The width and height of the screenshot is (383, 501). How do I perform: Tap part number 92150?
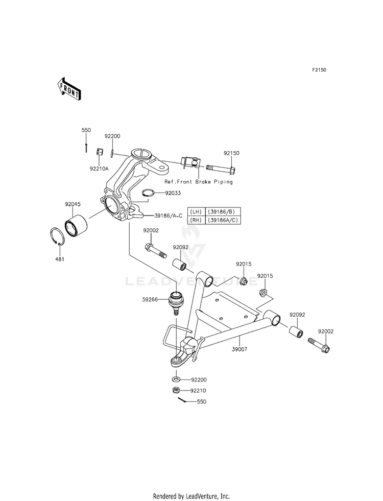tap(231, 153)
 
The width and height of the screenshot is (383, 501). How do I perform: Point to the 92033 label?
tap(173, 193)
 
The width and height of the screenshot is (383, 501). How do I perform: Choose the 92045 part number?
tap(73, 204)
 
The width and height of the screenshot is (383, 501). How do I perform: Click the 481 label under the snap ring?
tap(60, 259)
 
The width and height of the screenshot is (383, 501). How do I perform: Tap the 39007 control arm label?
tap(240, 349)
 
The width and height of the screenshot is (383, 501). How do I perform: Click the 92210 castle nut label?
tap(198, 391)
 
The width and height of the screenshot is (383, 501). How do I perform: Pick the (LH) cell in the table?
tap(196, 211)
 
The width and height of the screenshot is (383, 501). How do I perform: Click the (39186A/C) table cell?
tap(222, 220)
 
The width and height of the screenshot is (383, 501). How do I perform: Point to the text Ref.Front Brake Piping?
tap(199, 181)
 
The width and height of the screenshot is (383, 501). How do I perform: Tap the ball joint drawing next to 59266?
tap(176, 302)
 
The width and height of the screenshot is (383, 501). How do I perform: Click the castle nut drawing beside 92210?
tap(175, 390)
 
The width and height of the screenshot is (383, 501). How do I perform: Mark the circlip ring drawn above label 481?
tap(58, 237)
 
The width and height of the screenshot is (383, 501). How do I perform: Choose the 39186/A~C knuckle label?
tap(168, 216)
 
